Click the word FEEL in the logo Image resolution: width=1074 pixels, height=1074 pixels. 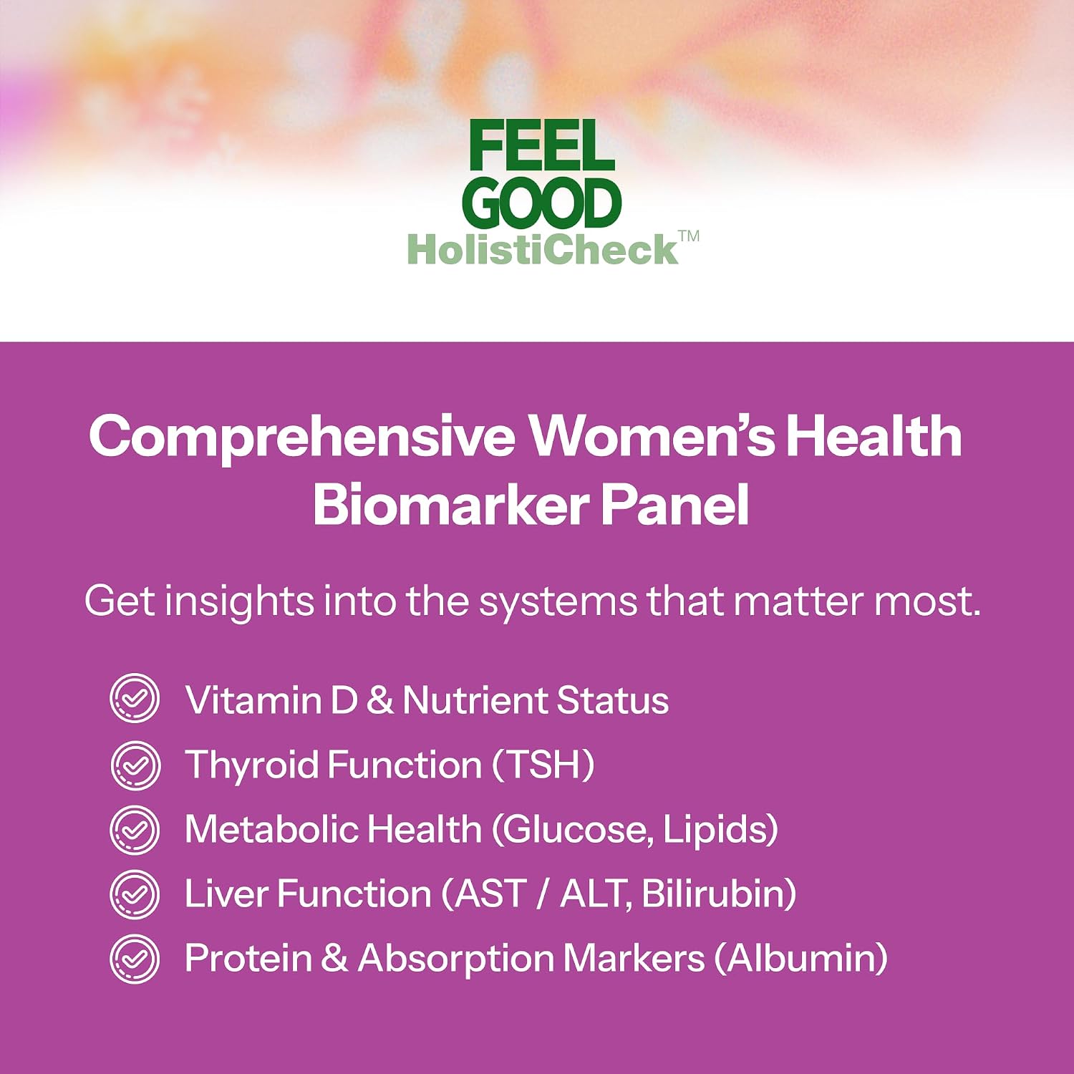tap(542, 146)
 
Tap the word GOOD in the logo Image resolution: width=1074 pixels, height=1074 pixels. tap(546, 204)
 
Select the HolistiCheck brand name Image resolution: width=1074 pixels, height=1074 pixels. tap(542, 250)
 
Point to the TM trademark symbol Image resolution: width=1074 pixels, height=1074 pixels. tap(689, 237)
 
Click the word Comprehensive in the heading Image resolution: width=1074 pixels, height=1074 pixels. tap(302, 437)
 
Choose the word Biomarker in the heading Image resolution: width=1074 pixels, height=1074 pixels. tap(449, 505)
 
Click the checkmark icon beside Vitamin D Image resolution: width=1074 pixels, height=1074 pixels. tap(135, 698)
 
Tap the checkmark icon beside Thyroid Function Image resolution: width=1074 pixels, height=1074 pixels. tap(135, 765)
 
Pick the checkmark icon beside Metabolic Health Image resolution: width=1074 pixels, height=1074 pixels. tap(135, 829)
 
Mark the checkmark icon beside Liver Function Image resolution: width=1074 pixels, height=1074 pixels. tap(135, 894)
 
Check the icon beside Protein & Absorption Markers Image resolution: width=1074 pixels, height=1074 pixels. tap(135, 959)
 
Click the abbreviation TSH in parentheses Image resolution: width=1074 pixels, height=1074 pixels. tap(543, 765)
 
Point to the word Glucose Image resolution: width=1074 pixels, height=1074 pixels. tap(580, 830)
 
